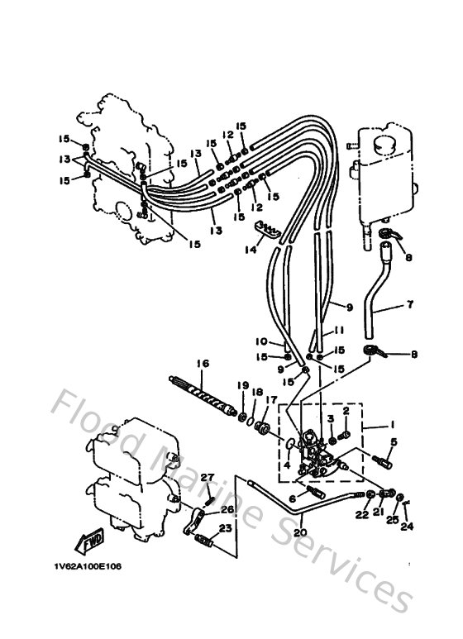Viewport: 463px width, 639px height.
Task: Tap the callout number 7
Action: (x=410, y=305)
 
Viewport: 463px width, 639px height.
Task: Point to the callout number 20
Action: (x=299, y=532)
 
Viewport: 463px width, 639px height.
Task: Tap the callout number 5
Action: (x=394, y=442)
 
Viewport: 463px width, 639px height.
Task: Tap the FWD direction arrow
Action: (x=89, y=541)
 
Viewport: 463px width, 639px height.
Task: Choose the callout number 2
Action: (x=347, y=410)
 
